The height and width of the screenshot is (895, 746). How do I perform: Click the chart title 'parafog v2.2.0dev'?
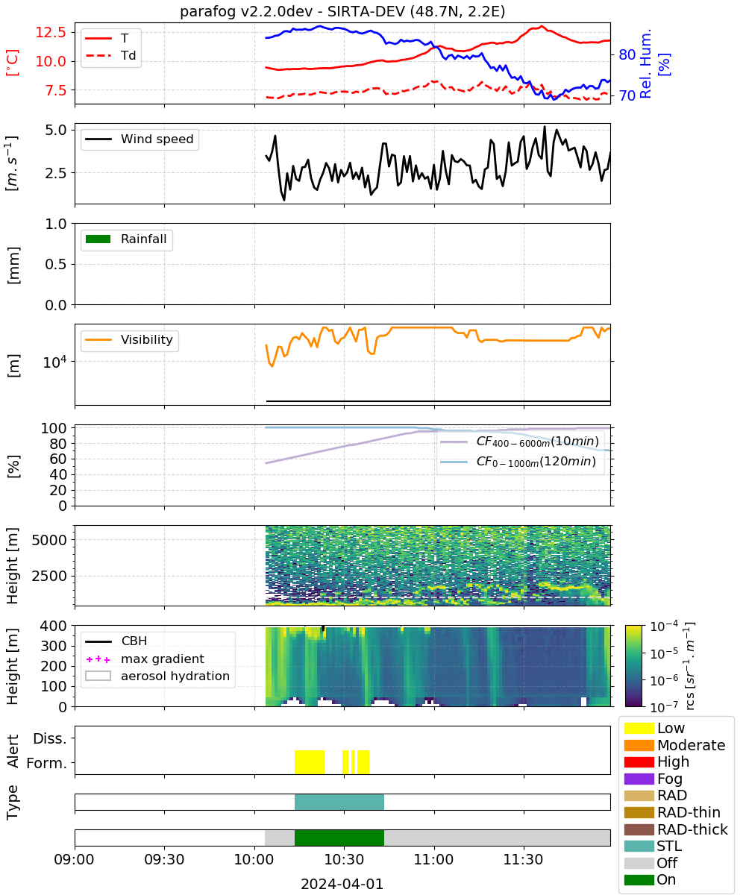point(246,11)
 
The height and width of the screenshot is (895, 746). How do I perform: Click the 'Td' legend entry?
point(110,55)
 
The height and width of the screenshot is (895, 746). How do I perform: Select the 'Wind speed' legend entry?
point(140,139)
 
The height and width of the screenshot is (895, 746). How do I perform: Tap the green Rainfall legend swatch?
point(98,239)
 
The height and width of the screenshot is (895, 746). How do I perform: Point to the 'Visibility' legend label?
point(147,339)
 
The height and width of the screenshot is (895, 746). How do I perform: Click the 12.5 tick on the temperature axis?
point(51,32)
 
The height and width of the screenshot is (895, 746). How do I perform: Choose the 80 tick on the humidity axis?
point(627,54)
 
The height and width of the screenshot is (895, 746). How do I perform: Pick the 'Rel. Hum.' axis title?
point(645,63)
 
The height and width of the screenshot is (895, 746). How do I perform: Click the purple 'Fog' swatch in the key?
point(639,779)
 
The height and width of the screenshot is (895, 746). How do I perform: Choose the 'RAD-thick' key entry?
point(676,829)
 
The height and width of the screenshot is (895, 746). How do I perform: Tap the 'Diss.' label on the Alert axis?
point(50,738)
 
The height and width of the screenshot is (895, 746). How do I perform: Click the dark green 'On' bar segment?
point(339,838)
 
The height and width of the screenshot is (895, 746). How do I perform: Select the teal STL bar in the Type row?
point(339,802)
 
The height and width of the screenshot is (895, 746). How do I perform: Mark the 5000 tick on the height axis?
point(49,540)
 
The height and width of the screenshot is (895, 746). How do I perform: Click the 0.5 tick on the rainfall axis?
point(56,265)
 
